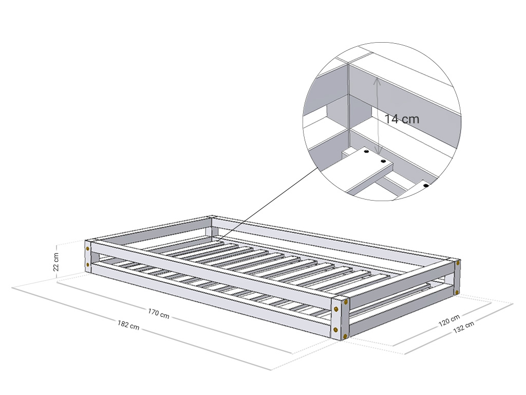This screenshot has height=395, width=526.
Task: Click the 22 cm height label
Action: tap(57, 262)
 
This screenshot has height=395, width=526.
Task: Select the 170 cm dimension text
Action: tap(158, 313)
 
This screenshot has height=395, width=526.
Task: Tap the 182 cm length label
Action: tap(128, 325)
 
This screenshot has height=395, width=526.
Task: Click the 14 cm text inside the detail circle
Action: tap(402, 119)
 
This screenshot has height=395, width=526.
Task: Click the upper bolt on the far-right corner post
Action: tap(457, 263)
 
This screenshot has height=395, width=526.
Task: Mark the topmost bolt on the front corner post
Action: tap(345, 301)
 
